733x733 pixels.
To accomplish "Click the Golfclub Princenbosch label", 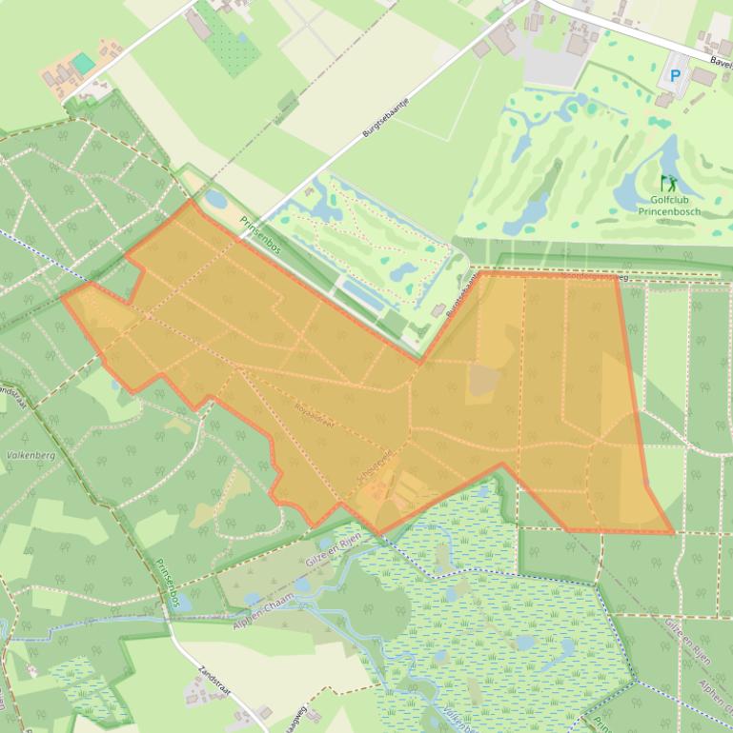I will (675, 206).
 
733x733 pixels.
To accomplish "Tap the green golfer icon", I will (668, 182).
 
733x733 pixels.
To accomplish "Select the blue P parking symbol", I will (676, 75).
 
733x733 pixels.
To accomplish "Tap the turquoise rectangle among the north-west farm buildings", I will (83, 63).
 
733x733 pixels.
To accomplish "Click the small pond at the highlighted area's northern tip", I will (216, 201).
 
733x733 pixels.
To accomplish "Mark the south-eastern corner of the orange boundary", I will (673, 532).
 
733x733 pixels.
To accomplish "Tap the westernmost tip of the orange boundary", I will (63, 297).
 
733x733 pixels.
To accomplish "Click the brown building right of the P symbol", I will (703, 76).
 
